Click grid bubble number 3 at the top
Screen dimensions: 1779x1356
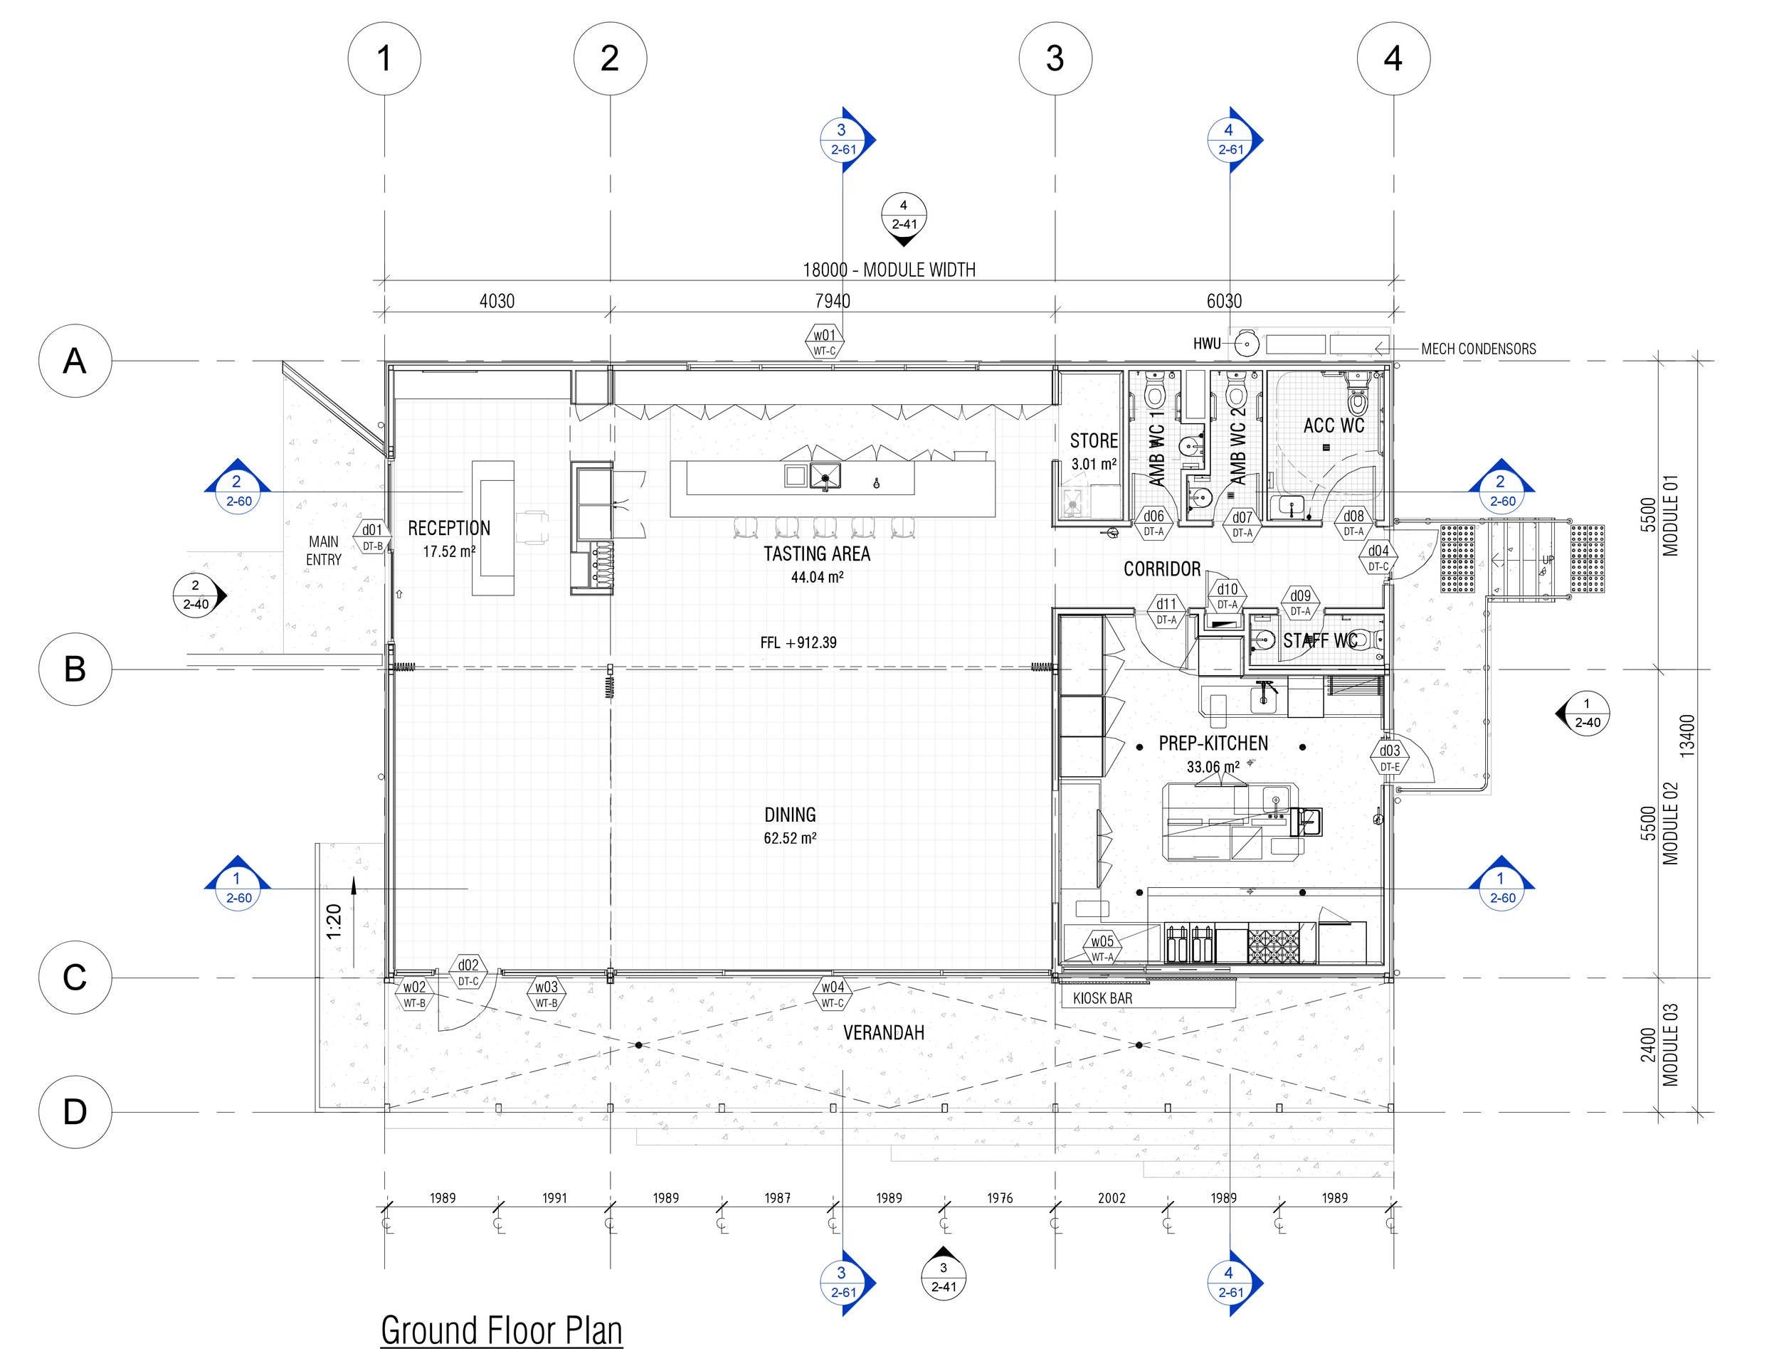click(x=1055, y=58)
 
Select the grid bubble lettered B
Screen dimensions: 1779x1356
click(x=75, y=669)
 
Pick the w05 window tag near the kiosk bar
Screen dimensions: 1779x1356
click(x=1102, y=948)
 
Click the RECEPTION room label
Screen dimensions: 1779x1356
click(x=449, y=529)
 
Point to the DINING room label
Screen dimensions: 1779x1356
click(x=790, y=815)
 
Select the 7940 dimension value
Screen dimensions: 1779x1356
click(x=832, y=301)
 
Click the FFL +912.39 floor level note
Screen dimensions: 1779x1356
click(x=798, y=642)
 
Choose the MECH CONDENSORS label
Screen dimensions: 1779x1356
click(x=1479, y=349)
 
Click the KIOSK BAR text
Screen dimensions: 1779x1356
click(x=1102, y=998)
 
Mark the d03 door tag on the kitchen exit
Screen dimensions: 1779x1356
click(x=1389, y=758)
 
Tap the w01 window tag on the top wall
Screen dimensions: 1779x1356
click(x=824, y=341)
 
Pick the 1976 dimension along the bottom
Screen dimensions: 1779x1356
click(x=999, y=1198)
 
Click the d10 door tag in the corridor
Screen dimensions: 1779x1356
click(x=1227, y=595)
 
